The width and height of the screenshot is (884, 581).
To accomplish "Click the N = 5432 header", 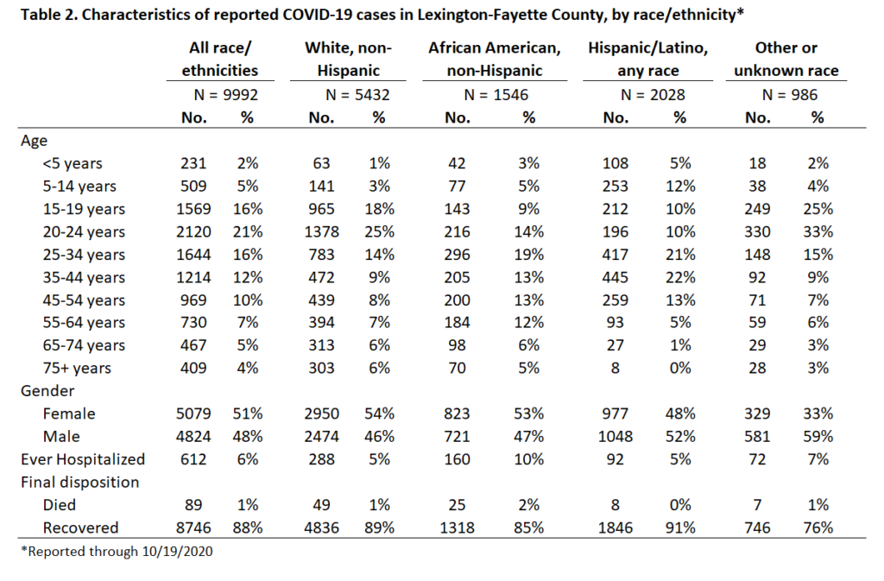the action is click(x=357, y=95).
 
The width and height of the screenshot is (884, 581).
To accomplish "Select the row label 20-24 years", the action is click(x=84, y=231).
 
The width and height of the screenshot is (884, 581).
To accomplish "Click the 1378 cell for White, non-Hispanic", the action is click(x=321, y=231).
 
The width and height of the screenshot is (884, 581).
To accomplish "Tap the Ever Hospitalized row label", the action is click(x=83, y=459).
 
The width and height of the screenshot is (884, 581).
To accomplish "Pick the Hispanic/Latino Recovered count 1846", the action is click(x=615, y=527).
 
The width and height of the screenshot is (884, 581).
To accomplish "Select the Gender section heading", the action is click(x=47, y=391).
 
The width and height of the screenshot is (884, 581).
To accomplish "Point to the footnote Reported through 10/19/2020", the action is click(x=117, y=551).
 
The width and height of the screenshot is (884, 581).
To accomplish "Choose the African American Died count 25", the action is click(x=457, y=505).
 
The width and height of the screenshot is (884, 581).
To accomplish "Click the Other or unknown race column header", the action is click(x=786, y=60).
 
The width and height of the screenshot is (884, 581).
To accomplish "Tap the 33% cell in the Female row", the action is click(x=818, y=414).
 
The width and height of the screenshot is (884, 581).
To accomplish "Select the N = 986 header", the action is click(x=789, y=95).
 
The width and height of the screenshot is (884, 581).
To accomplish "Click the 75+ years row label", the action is click(x=77, y=368).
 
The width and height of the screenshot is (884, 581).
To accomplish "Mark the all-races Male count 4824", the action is click(x=193, y=437).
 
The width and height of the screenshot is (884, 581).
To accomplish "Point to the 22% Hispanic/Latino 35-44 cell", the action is click(x=680, y=277).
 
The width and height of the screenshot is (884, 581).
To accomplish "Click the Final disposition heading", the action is click(x=80, y=483).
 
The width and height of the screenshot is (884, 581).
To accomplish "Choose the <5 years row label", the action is click(x=73, y=163).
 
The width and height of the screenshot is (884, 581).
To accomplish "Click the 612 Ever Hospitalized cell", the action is click(x=193, y=459).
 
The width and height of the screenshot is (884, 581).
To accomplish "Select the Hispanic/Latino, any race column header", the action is click(x=647, y=60).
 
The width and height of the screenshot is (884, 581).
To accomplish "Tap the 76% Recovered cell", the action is click(x=818, y=527).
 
